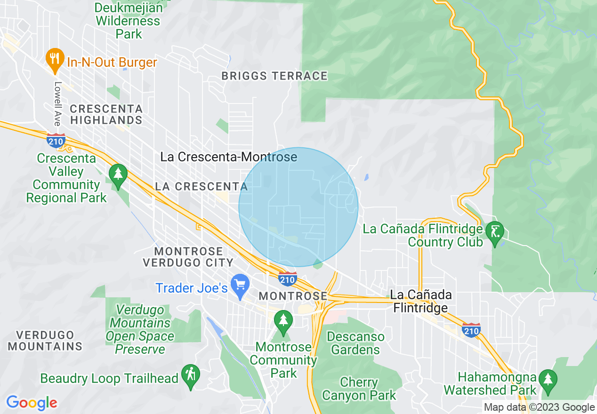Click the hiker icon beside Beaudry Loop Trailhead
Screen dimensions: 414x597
point(190,375)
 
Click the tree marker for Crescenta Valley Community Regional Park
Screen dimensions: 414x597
point(118,174)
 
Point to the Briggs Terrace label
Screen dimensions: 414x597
point(274,76)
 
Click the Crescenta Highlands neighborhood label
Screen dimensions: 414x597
point(106,114)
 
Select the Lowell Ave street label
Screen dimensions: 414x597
point(57,104)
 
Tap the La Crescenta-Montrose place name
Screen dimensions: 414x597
point(229,157)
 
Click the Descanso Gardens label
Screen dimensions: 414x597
point(355,343)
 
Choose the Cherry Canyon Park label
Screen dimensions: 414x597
point(359,389)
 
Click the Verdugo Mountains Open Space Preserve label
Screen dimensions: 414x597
point(140,329)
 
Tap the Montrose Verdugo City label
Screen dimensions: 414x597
point(188,257)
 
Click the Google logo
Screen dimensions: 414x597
point(32,403)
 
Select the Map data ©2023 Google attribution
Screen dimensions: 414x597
point(540,407)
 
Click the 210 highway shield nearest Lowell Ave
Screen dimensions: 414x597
point(56,140)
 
